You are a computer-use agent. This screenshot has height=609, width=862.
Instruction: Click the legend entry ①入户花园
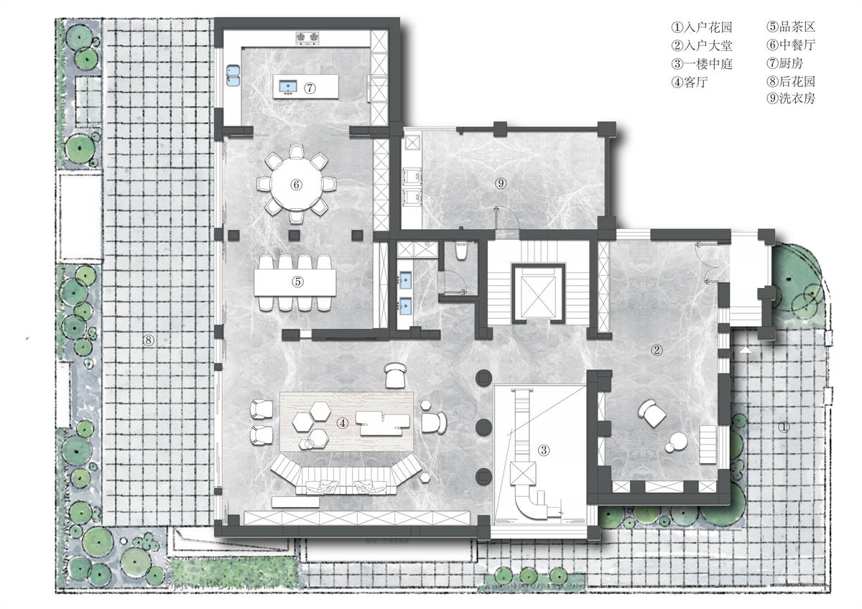pyautogui.click(x=702, y=27)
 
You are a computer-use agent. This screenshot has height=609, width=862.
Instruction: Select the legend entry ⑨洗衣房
pyautogui.click(x=791, y=98)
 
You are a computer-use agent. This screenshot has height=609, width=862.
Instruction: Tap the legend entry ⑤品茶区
pyautogui.click(x=791, y=27)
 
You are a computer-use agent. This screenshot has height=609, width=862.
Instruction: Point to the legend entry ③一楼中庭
pyautogui.click(x=702, y=63)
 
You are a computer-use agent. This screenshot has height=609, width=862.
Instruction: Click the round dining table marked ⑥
pyautogui.click(x=296, y=184)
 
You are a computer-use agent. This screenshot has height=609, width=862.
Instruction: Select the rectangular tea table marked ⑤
pyautogui.click(x=295, y=282)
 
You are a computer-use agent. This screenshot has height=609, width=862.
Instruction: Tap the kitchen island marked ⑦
pyautogui.click(x=306, y=86)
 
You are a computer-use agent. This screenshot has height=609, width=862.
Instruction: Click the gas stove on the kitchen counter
pyautogui.click(x=307, y=37)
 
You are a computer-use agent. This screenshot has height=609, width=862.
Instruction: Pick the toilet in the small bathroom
pyautogui.click(x=460, y=250)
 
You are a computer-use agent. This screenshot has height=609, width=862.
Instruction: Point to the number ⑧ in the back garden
pyautogui.click(x=148, y=340)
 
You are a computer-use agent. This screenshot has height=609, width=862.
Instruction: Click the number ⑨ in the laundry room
pyautogui.click(x=500, y=183)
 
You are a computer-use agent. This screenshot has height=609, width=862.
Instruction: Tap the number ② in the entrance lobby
pyautogui.click(x=657, y=350)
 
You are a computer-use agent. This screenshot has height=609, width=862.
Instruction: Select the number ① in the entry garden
pyautogui.click(x=784, y=427)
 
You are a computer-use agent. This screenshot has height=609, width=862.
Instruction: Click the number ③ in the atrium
pyautogui.click(x=543, y=450)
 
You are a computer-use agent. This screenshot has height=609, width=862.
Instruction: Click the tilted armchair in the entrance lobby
pyautogui.click(x=652, y=413)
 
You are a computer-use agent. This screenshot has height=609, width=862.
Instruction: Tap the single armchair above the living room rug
pyautogui.click(x=395, y=375)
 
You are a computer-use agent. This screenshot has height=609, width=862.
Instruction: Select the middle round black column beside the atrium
pyautogui.click(x=483, y=427)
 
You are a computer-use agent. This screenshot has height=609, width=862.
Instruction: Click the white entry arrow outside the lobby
pyautogui.click(x=746, y=350)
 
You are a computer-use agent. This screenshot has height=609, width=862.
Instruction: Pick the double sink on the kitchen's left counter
pyautogui.click(x=233, y=75)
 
